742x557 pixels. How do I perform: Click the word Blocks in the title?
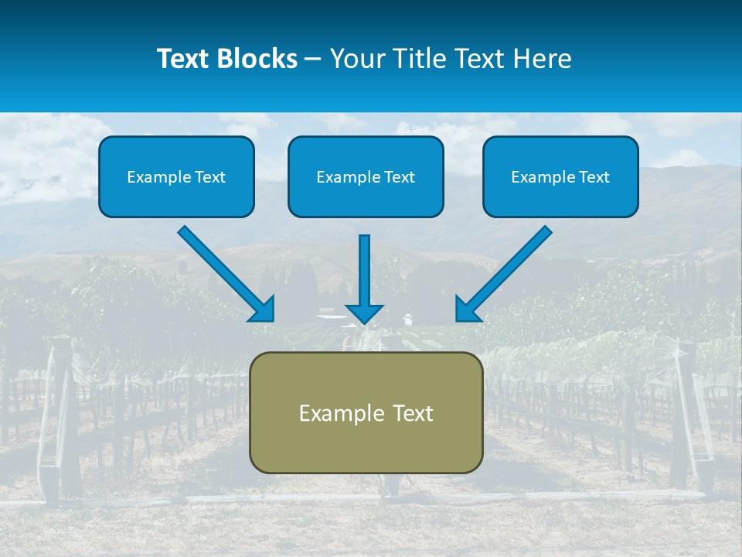(258, 59)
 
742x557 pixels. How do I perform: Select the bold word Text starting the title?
(185, 59)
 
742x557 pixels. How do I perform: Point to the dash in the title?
(313, 59)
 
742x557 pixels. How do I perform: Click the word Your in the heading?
(356, 59)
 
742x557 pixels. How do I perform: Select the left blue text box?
(176, 176)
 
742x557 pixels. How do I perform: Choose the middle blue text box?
(366, 176)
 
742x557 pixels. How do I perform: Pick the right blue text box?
(560, 176)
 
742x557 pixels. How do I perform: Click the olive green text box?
(366, 412)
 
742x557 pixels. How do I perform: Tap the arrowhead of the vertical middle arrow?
(364, 313)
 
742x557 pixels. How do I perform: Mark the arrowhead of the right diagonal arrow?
(467, 309)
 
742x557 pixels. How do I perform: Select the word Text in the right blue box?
(594, 177)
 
